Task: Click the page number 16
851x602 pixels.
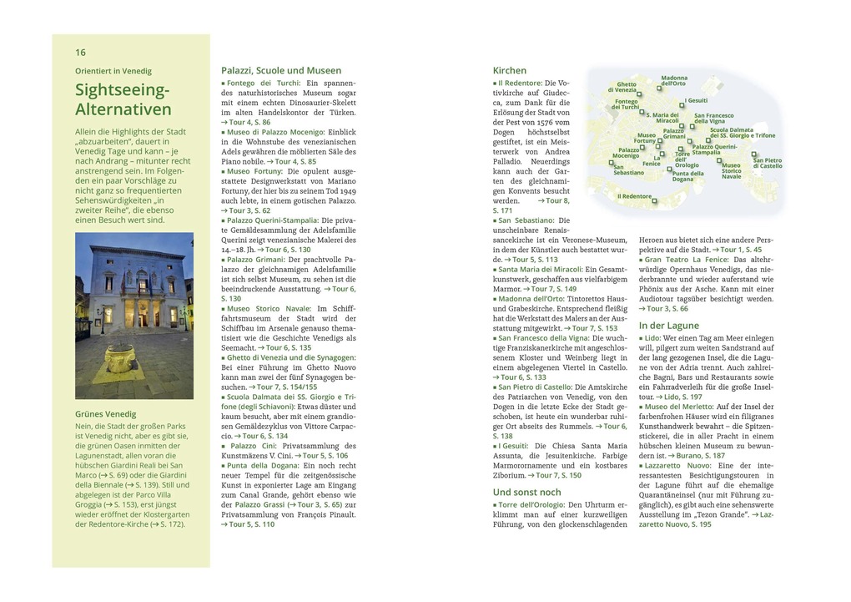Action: pyautogui.click(x=80, y=52)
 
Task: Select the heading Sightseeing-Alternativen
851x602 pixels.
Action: pyautogui.click(x=123, y=99)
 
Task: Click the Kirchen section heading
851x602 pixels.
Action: pyautogui.click(x=509, y=71)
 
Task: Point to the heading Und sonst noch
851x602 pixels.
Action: pyautogui.click(x=526, y=492)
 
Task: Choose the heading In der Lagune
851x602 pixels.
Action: pyautogui.click(x=668, y=325)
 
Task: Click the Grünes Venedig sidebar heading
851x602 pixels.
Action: pyautogui.click(x=105, y=414)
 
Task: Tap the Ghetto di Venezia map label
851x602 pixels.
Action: pyautogui.click(x=626, y=87)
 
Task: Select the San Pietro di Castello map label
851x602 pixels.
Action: pyautogui.click(x=768, y=163)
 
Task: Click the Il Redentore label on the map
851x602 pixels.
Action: pyautogui.click(x=634, y=196)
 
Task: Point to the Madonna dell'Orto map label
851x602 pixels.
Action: pyautogui.click(x=673, y=80)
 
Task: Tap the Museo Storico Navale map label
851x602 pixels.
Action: pyautogui.click(x=731, y=171)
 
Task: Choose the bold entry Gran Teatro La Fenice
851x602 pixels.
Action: pyautogui.click(x=687, y=260)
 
